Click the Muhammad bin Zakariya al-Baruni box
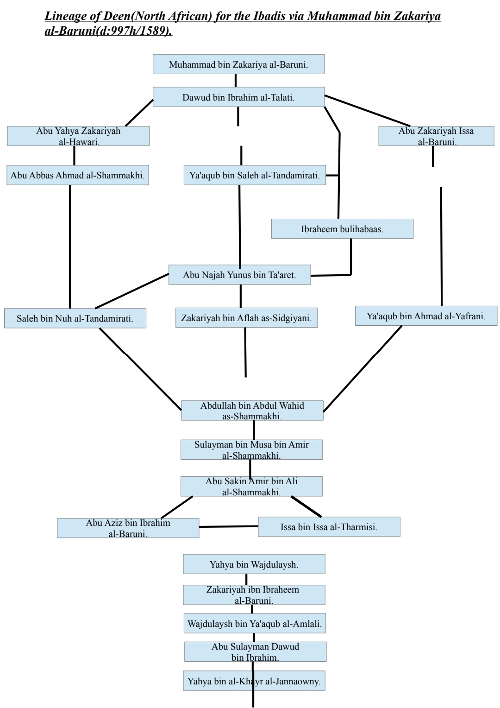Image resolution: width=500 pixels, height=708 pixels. [x=238, y=64]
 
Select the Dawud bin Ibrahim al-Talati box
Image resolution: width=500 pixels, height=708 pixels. [x=238, y=97]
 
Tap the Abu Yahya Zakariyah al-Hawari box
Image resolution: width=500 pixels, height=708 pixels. [x=78, y=136]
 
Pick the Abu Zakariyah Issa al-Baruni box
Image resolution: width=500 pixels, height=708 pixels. [x=436, y=136]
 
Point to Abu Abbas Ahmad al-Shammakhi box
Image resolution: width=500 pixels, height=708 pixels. [x=78, y=176]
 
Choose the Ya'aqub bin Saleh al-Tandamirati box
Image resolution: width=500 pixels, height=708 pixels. [x=255, y=176]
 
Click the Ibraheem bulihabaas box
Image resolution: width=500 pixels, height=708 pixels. [x=342, y=229]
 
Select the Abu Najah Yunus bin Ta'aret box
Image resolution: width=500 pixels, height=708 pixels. [x=239, y=275]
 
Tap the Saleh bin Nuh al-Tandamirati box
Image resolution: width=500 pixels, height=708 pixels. [x=75, y=318]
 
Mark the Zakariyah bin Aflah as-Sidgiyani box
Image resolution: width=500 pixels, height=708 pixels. [x=246, y=318]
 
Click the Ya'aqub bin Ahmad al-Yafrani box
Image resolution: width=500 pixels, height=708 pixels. [x=426, y=316]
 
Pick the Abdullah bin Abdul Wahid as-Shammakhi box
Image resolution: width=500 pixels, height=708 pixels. [x=252, y=411]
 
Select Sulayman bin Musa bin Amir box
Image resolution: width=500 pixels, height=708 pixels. [x=251, y=449]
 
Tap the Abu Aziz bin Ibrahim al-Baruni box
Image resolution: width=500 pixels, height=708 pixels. [x=128, y=528]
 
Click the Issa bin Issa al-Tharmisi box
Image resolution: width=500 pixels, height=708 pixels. [x=329, y=527]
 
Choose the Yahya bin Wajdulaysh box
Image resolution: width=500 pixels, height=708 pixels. [x=254, y=564]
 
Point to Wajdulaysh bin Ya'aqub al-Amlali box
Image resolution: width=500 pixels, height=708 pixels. [x=254, y=624]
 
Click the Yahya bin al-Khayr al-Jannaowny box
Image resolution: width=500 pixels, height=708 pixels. [x=254, y=681]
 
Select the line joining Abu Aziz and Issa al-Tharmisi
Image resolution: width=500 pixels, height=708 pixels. [x=229, y=527]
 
